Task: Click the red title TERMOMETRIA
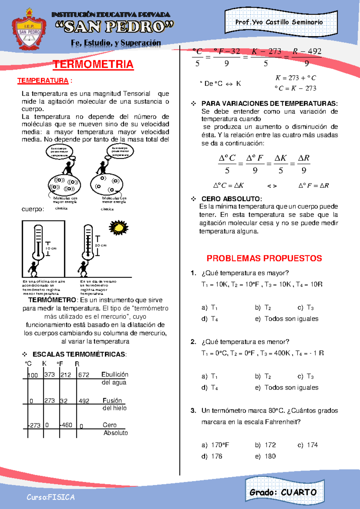[93, 65]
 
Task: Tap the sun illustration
[118, 227]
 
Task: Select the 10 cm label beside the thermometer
[51, 248]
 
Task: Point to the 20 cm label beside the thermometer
[101, 245]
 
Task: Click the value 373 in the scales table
[49, 375]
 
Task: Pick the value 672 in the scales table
[84, 375]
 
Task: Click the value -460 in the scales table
[66, 425]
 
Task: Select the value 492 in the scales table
[84, 401]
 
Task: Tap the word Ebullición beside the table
[115, 374]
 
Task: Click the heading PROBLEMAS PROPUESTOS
[264, 258]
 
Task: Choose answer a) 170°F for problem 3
[215, 445]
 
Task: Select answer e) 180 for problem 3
[265, 456]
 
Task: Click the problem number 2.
[193, 342]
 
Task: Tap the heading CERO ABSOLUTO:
[232, 199]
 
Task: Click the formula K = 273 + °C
[295, 78]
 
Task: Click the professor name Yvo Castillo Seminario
[279, 22]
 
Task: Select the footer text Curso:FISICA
[50, 497]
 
